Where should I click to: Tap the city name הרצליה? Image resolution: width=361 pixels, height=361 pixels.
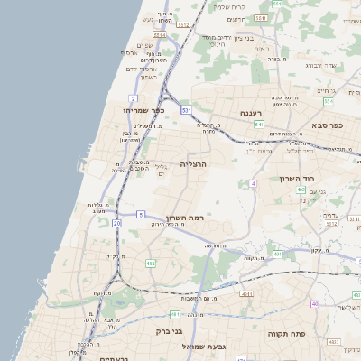pos(194,163)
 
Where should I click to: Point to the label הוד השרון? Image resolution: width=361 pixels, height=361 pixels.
pos(322,180)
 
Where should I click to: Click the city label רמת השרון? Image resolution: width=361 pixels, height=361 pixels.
pos(188,218)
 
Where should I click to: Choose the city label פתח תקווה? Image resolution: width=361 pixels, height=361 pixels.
pos(288,333)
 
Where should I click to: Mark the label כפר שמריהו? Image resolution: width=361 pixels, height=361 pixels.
pos(143,109)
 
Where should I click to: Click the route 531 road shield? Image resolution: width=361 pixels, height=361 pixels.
pos(186,110)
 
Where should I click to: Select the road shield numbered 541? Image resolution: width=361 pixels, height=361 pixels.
pos(259,124)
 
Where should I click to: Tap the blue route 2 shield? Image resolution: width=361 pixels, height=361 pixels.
pos(134,97)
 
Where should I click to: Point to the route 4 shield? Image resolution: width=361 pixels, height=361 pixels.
pos(255,183)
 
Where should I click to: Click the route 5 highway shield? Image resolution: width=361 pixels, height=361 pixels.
pos(141,214)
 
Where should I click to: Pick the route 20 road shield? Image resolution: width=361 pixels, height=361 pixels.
pos(116,222)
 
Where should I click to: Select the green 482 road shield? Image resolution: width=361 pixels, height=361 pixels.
pos(151,264)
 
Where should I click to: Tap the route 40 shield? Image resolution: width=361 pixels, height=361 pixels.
pos(314,303)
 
